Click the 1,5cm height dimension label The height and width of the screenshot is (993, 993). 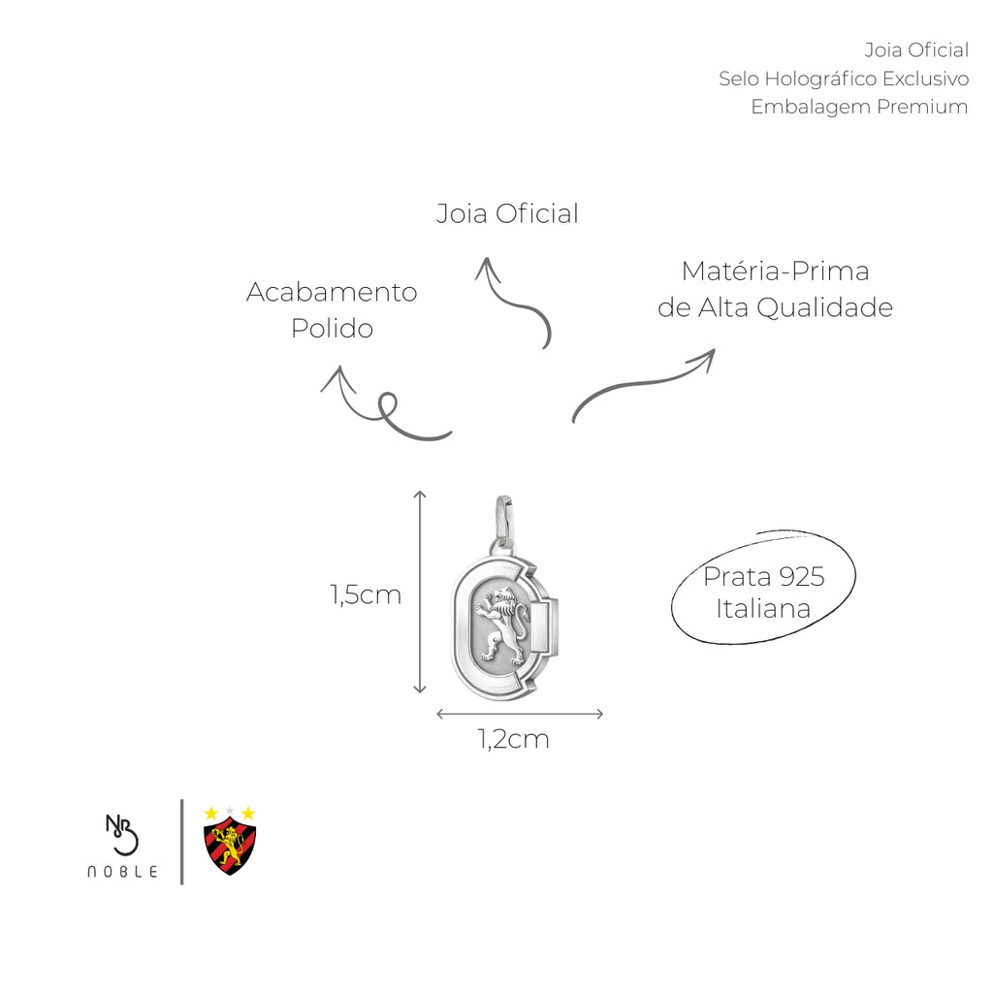(366, 595)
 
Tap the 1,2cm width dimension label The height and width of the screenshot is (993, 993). (514, 740)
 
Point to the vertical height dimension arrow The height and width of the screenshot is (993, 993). (419, 592)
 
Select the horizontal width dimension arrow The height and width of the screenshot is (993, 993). (520, 715)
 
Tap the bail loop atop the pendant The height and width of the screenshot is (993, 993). (503, 520)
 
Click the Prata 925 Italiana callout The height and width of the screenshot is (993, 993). (764, 593)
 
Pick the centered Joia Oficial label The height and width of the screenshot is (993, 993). (507, 214)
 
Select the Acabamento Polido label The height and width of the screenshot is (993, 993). (332, 310)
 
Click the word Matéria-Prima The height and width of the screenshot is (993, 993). (775, 272)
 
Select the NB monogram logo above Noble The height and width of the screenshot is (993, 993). (121, 834)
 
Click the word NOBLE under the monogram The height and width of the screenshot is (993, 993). (122, 872)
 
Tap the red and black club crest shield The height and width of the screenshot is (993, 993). (230, 846)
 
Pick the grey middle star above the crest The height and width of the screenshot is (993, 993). (230, 812)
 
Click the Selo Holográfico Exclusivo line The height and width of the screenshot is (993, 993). (844, 80)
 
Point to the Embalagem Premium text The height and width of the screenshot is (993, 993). (859, 107)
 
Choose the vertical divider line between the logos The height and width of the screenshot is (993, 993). (181, 842)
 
